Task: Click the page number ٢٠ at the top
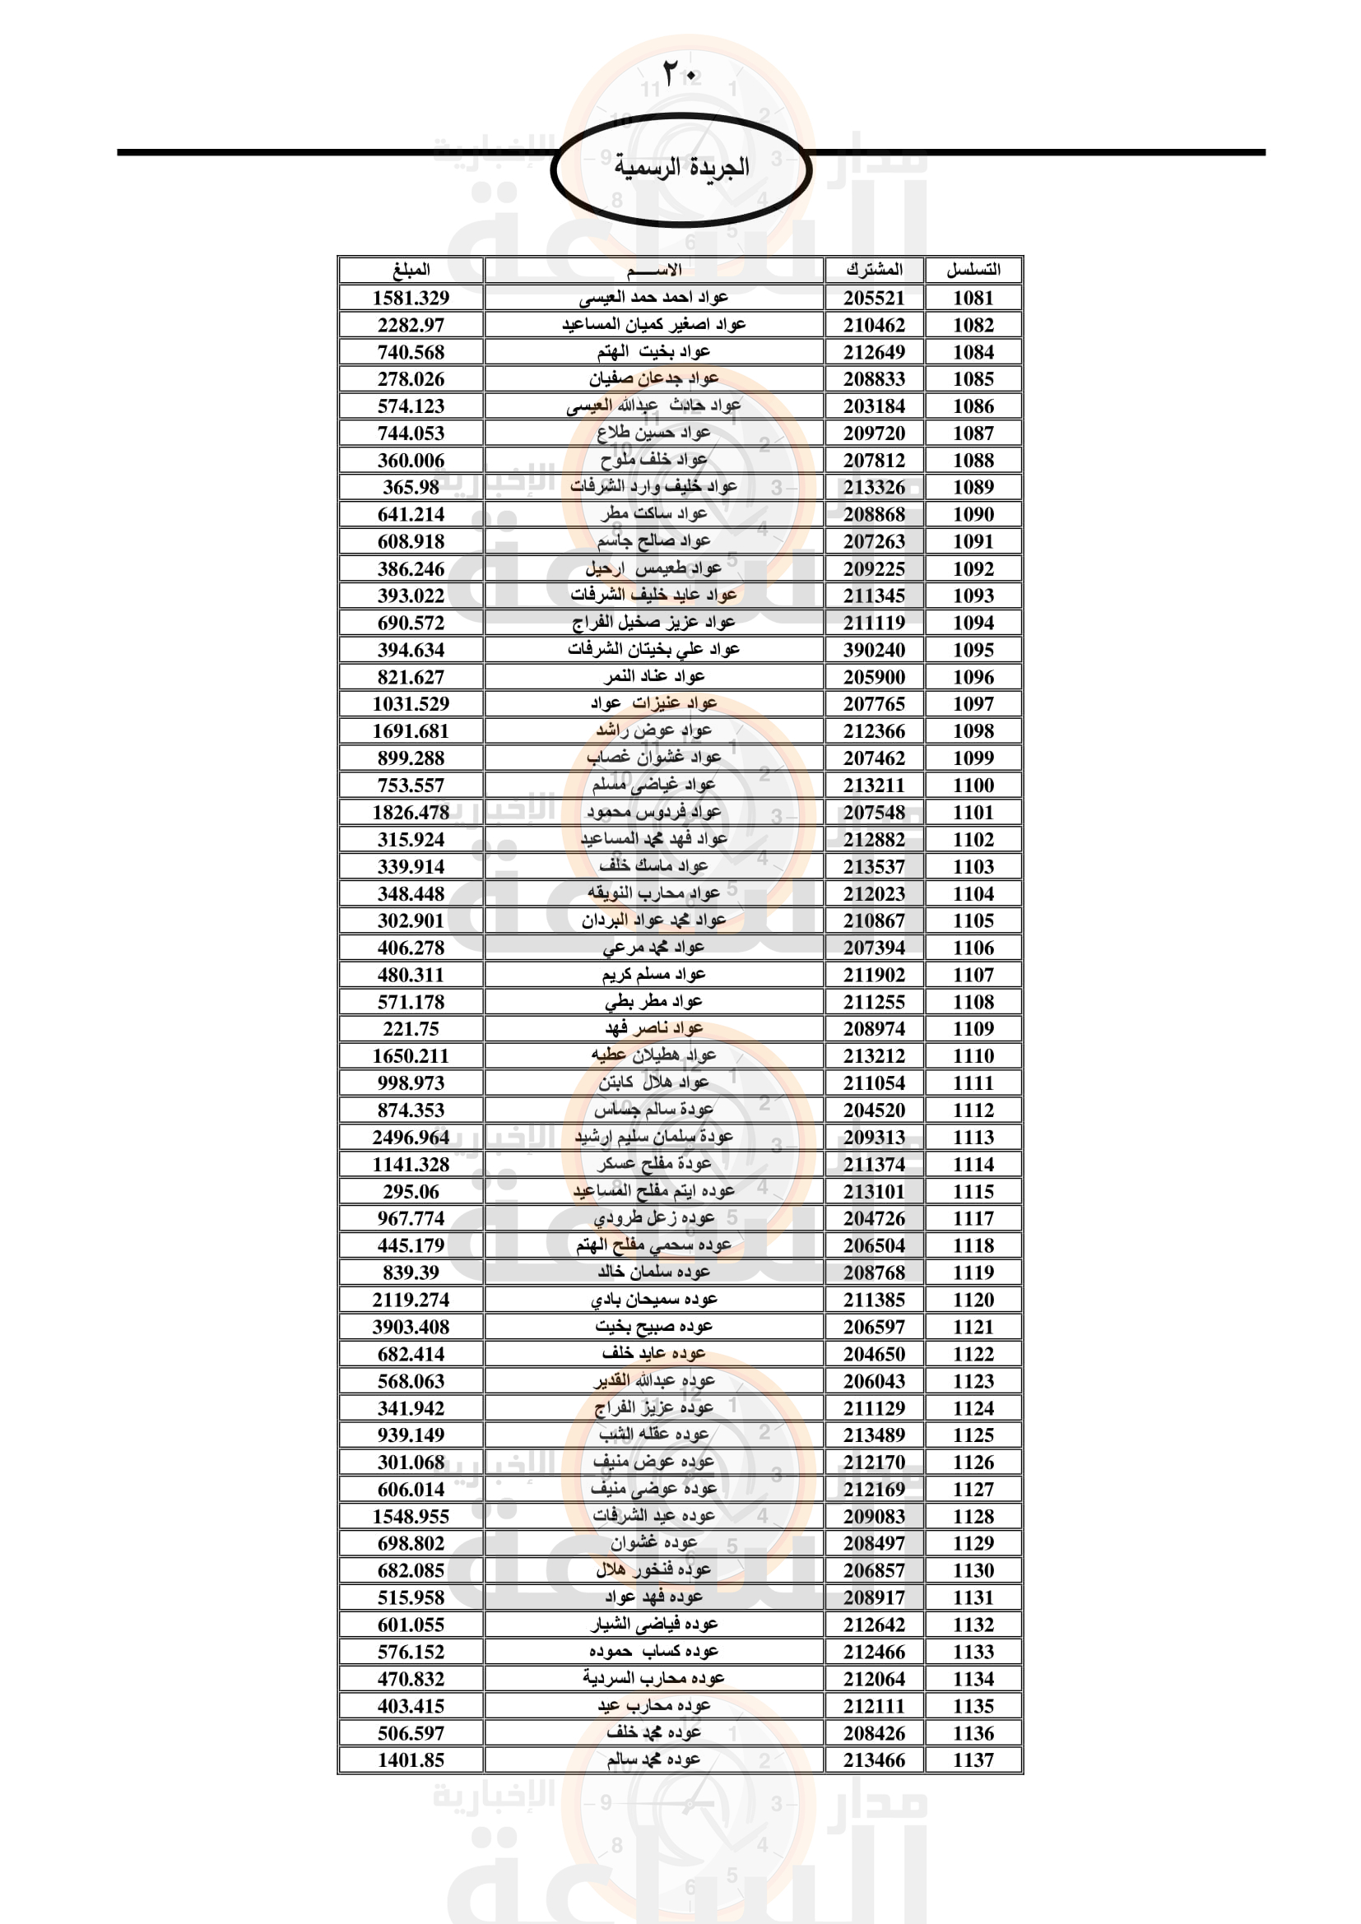(680, 74)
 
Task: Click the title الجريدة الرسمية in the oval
(680, 167)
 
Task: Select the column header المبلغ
(411, 270)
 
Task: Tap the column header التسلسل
(973, 270)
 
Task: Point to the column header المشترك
(874, 270)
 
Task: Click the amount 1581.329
(411, 298)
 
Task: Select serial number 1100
(973, 786)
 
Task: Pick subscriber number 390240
(874, 650)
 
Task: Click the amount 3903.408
(411, 1327)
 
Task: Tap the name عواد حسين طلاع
(653, 433)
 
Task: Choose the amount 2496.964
(411, 1137)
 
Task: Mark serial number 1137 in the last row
(973, 1759)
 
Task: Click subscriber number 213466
(874, 1759)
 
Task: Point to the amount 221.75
(411, 1028)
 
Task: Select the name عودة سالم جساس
(653, 1110)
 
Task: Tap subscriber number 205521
(874, 298)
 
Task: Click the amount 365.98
(411, 487)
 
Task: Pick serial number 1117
(973, 1218)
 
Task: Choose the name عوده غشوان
(653, 1542)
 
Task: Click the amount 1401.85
(411, 1759)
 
